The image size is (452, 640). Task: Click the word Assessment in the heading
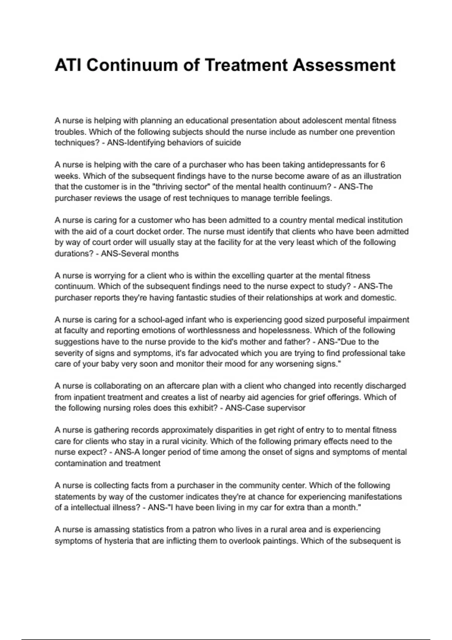tap(344, 65)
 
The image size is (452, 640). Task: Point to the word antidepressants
tap(337, 165)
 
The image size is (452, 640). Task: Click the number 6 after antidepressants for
tap(383, 165)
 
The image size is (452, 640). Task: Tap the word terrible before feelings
tap(293, 198)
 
